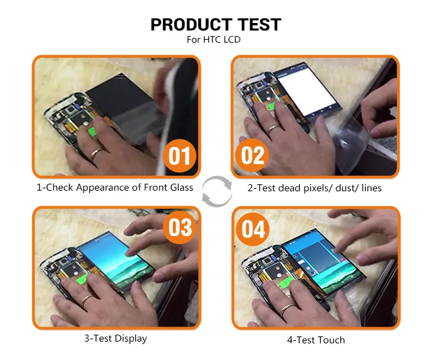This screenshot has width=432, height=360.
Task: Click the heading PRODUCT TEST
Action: (215, 24)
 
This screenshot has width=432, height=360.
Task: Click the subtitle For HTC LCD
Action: (215, 40)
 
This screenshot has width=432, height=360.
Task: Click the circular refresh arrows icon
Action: (217, 191)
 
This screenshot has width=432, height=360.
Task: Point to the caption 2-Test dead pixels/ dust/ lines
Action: (314, 187)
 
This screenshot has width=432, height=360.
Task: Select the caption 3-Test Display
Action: (115, 338)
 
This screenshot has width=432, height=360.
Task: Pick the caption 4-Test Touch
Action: (316, 340)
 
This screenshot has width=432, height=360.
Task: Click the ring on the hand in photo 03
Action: (87, 300)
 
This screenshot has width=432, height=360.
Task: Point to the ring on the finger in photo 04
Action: (286, 308)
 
